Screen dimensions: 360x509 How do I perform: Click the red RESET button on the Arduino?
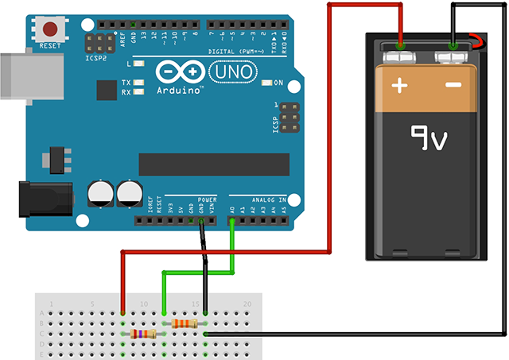pyautogui.click(x=51, y=30)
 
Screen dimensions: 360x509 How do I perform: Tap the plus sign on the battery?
pyautogui.click(x=399, y=83)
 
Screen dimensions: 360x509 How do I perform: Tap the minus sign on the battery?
pyautogui.click(x=453, y=83)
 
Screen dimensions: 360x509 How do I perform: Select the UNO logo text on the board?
pyautogui.click(x=232, y=72)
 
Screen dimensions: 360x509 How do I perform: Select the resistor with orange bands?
pyautogui.click(x=184, y=323)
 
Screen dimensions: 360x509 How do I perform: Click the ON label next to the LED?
pyautogui.click(x=278, y=83)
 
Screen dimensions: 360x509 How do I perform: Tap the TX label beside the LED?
pyautogui.click(x=126, y=83)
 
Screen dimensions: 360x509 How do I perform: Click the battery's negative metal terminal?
pyautogui.click(x=453, y=56)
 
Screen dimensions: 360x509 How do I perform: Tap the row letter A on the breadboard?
pyautogui.click(x=43, y=313)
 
